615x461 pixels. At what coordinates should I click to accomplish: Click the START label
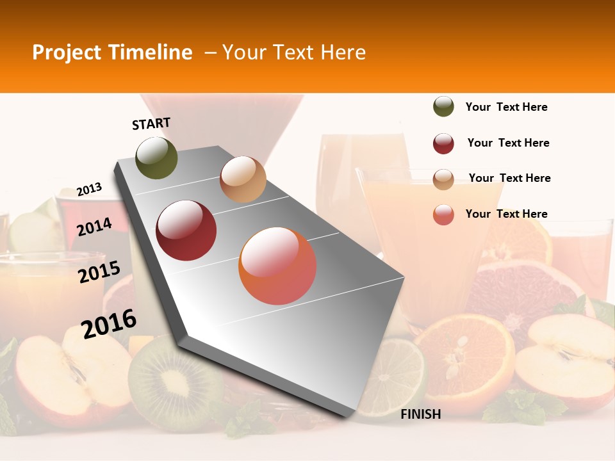coord(151,124)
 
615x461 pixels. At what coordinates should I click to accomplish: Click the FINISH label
coord(420,414)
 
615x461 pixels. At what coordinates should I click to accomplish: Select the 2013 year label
coord(89,190)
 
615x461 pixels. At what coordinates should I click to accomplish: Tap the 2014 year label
coord(94,227)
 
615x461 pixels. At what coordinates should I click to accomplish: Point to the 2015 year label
coord(99,272)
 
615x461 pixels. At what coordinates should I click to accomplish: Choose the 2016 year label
coord(109,323)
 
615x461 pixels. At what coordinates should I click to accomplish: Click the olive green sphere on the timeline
coord(156,158)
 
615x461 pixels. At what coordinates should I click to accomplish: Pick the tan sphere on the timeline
coord(243,179)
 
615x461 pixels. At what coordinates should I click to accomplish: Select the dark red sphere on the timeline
coord(186,230)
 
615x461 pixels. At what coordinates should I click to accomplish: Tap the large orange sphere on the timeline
coord(277,266)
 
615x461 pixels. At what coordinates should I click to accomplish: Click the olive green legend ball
coord(443,107)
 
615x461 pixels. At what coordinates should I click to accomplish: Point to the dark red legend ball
coord(443,143)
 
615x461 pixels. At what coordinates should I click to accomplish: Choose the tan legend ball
coord(443,179)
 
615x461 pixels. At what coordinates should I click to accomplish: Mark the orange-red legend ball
coord(443,214)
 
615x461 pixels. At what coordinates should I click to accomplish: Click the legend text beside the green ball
coord(506,107)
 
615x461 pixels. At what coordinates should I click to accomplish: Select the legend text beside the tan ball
coord(509,178)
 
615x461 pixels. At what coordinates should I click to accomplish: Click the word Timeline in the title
coord(151,53)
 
